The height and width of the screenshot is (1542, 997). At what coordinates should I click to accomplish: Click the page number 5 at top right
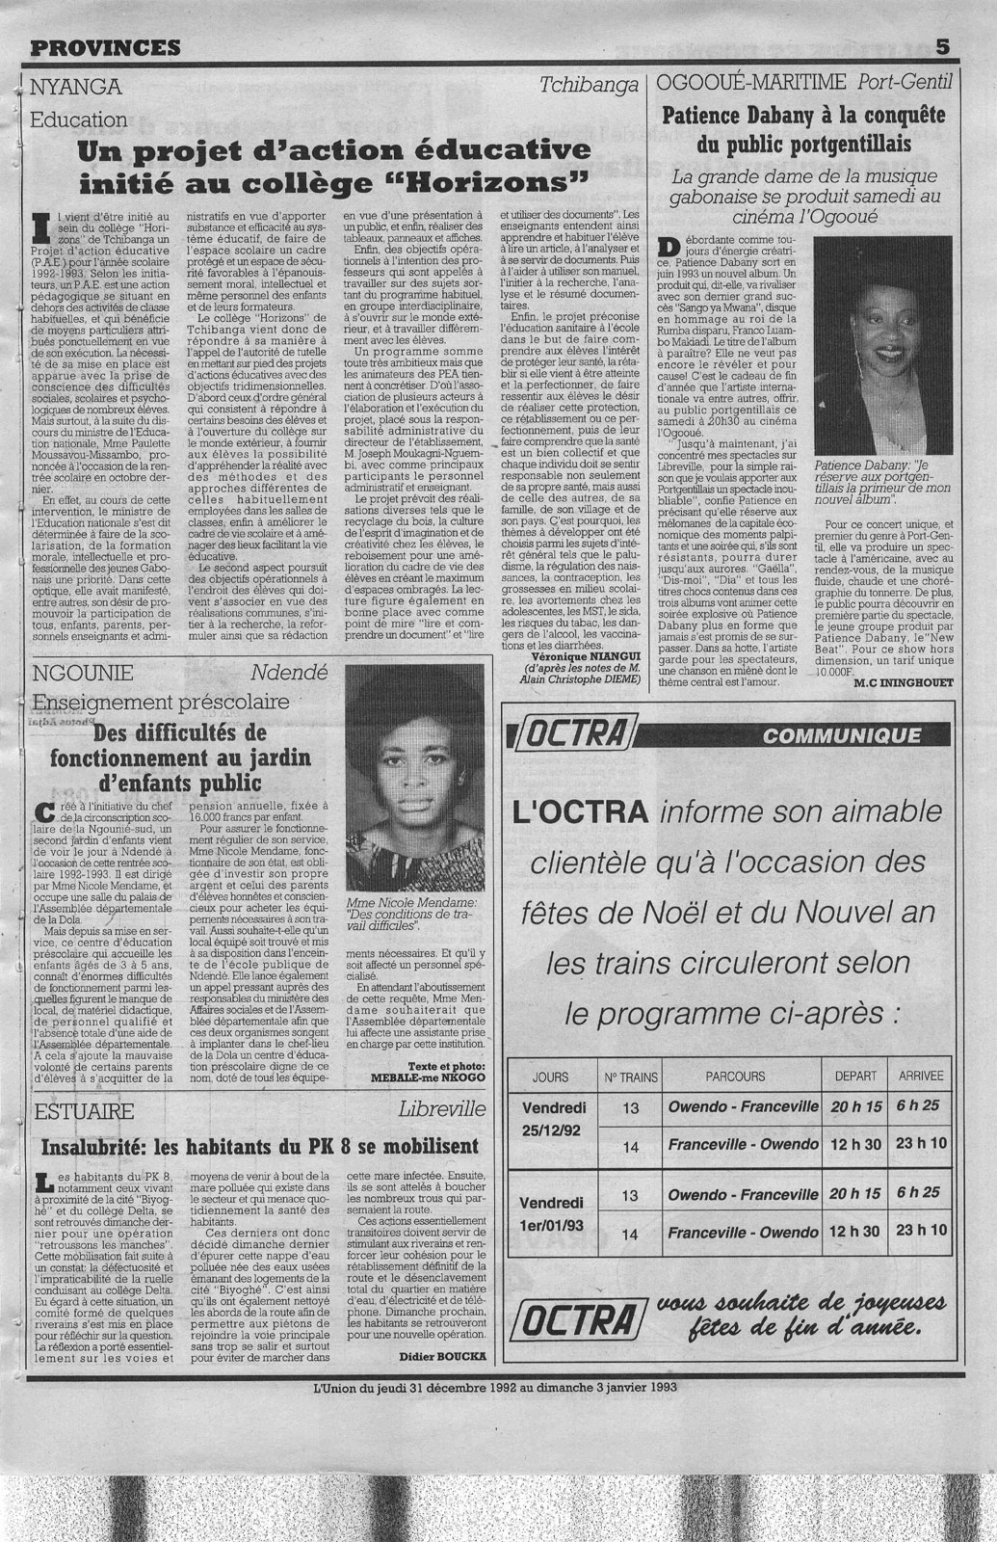click(x=942, y=45)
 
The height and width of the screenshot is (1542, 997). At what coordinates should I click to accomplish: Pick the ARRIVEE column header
click(x=921, y=1077)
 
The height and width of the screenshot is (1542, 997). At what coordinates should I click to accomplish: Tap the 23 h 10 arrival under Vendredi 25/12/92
click(x=921, y=1144)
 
